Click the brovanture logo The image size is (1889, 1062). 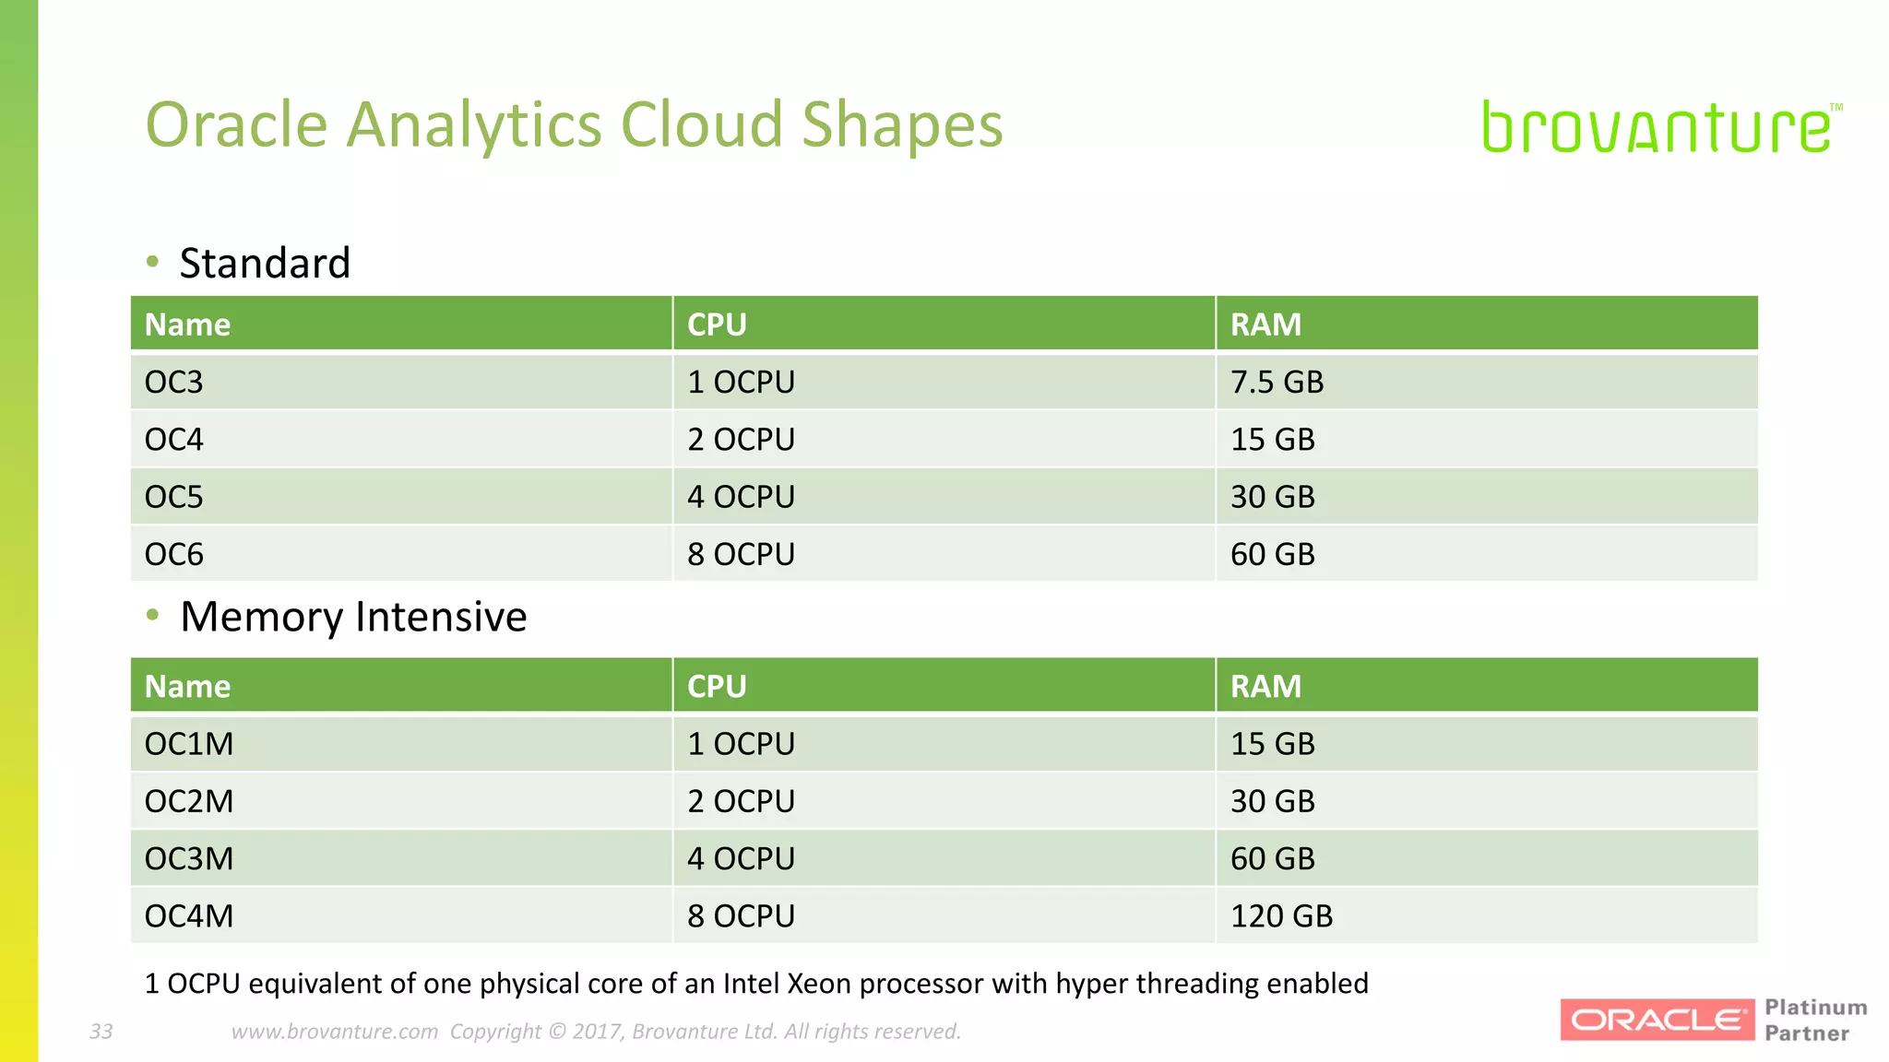point(1658,128)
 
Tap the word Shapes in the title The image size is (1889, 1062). point(902,125)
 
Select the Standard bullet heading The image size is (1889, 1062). point(265,264)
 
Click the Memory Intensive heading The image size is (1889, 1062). point(353,617)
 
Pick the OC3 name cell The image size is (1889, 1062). point(174,382)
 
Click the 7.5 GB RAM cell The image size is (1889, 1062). point(1277,382)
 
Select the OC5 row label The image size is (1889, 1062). point(174,497)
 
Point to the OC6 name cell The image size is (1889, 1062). point(174,554)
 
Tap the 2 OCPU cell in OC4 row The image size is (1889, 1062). point(741,440)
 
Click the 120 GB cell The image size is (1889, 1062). point(1281,916)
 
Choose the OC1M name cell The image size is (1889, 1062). point(189,744)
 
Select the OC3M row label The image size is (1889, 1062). point(189,859)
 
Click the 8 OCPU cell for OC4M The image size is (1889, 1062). point(741,916)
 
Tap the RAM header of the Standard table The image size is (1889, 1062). point(1265,324)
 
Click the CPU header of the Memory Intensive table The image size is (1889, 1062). point(717,687)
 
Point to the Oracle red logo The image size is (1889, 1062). point(1657,1020)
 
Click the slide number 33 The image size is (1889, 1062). point(101,1032)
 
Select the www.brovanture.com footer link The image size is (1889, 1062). point(335,1032)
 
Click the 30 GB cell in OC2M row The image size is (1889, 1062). point(1272,801)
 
